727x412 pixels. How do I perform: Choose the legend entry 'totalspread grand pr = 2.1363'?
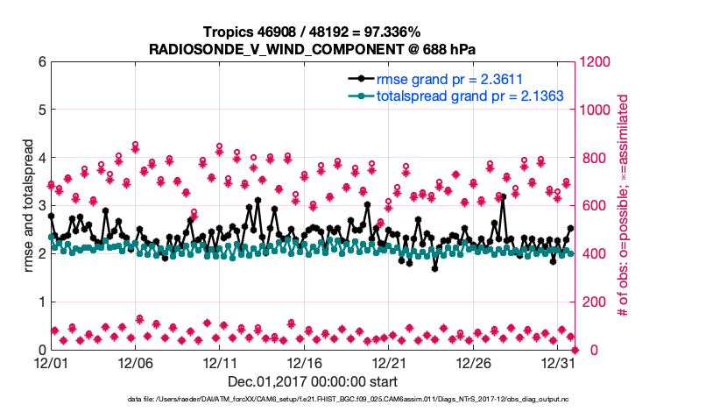(x=469, y=96)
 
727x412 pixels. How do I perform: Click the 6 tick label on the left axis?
(x=40, y=62)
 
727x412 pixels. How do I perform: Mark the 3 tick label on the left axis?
(x=40, y=206)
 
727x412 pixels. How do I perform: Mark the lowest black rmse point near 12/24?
(x=434, y=268)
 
